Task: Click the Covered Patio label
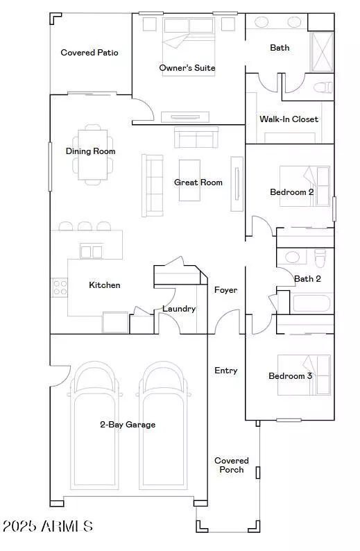pos(89,53)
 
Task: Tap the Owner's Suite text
pos(187,68)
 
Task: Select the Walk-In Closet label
pos(289,119)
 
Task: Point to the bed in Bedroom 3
pos(304,375)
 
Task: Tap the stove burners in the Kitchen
pos(60,287)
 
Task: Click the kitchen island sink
pos(92,251)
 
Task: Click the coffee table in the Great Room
pos(189,180)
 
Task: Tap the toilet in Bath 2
pos(320,258)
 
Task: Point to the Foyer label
pos(225,290)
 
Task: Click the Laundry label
pos(179,309)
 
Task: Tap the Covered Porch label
pos(231,465)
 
